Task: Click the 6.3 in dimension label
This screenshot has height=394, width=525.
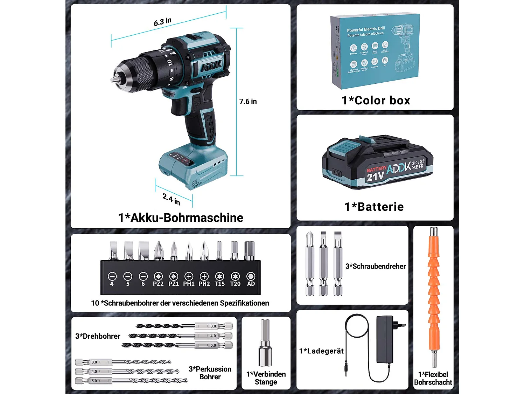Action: [x=163, y=22]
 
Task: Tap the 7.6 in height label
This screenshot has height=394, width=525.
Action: [x=248, y=102]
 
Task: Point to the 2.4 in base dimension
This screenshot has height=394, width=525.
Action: [x=171, y=199]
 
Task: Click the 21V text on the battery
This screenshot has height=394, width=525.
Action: [x=375, y=176]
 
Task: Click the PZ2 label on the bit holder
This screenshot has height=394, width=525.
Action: [x=158, y=284]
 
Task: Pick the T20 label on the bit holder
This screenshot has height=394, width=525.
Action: [x=235, y=284]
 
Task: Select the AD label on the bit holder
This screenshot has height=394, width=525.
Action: [x=251, y=284]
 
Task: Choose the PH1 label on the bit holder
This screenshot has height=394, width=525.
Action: [x=189, y=284]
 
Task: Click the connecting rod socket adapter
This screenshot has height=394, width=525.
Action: [x=265, y=343]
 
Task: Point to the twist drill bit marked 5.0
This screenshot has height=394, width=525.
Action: [x=177, y=345]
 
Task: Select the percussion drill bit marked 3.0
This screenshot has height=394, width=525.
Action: [x=122, y=362]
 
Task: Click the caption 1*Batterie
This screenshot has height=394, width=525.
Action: [x=374, y=207]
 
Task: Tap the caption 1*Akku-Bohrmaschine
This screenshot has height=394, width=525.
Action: [x=181, y=217]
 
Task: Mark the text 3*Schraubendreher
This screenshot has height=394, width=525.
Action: [x=376, y=266]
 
